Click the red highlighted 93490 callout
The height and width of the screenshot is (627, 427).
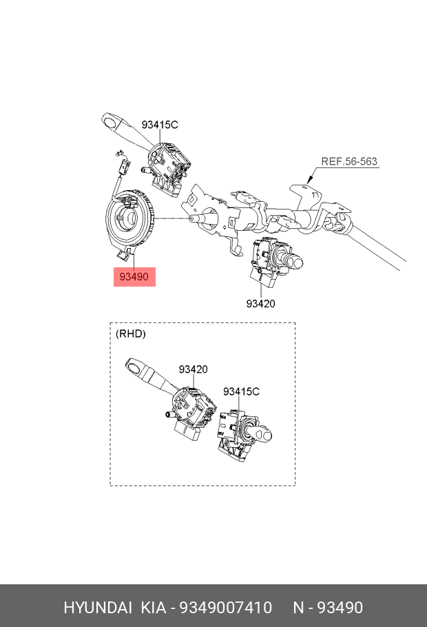pos(134,277)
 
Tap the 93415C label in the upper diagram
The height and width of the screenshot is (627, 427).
pos(160,125)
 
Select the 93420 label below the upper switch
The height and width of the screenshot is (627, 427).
pos(261,304)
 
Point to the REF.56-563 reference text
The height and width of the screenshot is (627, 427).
pos(349,161)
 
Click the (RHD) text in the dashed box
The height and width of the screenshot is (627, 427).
pos(130,333)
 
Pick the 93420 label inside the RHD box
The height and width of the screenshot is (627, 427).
pos(193,369)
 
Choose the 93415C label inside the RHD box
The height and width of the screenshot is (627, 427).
pos(241,391)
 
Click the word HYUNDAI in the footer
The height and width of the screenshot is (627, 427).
pos(98,608)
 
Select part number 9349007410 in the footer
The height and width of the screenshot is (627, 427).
pos(225,608)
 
